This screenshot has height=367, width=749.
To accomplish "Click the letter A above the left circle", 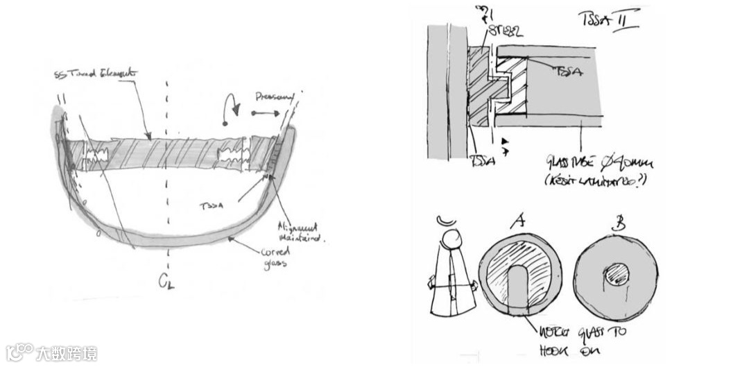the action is point(516,221).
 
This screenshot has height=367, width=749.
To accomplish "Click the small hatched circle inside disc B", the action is point(617,275).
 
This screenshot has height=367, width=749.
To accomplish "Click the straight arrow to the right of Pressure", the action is point(262,113).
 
